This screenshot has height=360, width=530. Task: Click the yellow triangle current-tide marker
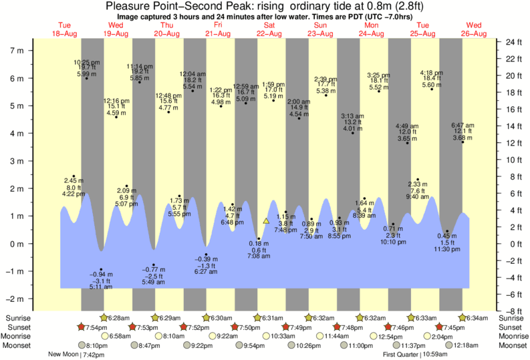(x=266, y=220)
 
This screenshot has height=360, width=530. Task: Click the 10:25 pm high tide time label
(x=86, y=62)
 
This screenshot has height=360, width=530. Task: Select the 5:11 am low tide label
(x=102, y=287)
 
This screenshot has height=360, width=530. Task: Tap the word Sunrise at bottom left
(x=17, y=317)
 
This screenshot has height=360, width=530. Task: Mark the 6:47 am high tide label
(x=462, y=125)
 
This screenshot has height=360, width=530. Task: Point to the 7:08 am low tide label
(x=259, y=256)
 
